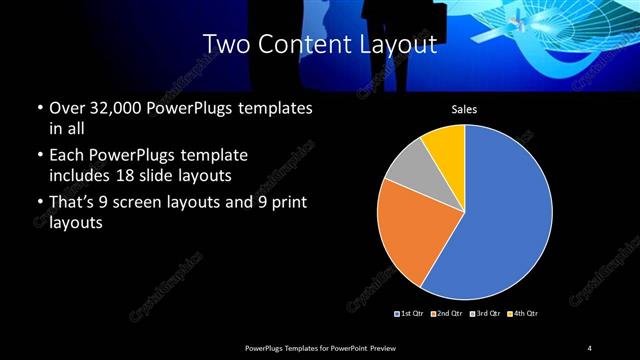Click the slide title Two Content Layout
(x=319, y=44)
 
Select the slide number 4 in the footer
(x=590, y=347)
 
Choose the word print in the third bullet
(x=285, y=203)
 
